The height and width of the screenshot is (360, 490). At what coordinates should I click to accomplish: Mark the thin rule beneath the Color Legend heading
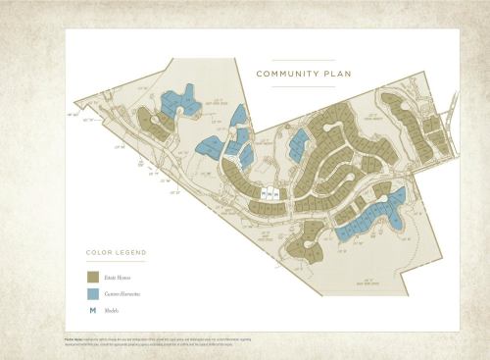point(116,262)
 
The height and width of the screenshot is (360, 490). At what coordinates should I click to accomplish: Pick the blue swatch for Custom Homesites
point(92,294)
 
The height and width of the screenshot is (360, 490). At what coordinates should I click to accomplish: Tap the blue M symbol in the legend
point(92,311)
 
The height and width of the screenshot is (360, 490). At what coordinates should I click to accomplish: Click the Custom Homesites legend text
point(126,294)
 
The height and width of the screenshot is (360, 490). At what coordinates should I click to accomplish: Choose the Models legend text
point(116,311)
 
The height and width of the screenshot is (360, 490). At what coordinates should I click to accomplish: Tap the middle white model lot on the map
point(270,193)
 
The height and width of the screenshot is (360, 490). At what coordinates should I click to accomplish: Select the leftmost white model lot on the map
point(265,193)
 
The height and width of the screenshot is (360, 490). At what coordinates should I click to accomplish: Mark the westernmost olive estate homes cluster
point(153,124)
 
